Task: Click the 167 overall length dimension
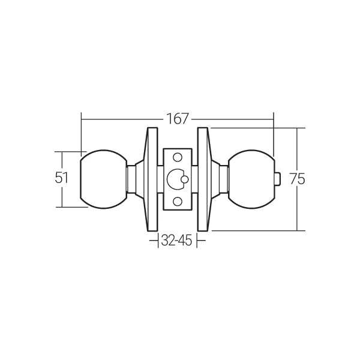176,119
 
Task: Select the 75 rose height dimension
295,179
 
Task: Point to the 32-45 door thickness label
176,241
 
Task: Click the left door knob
103,178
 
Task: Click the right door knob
250,178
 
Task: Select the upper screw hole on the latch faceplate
177,157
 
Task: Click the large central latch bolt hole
175,179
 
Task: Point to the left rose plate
149,178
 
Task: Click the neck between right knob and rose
223,178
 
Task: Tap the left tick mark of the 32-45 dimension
157,241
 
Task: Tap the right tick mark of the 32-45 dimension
197,241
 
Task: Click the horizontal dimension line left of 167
120,119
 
